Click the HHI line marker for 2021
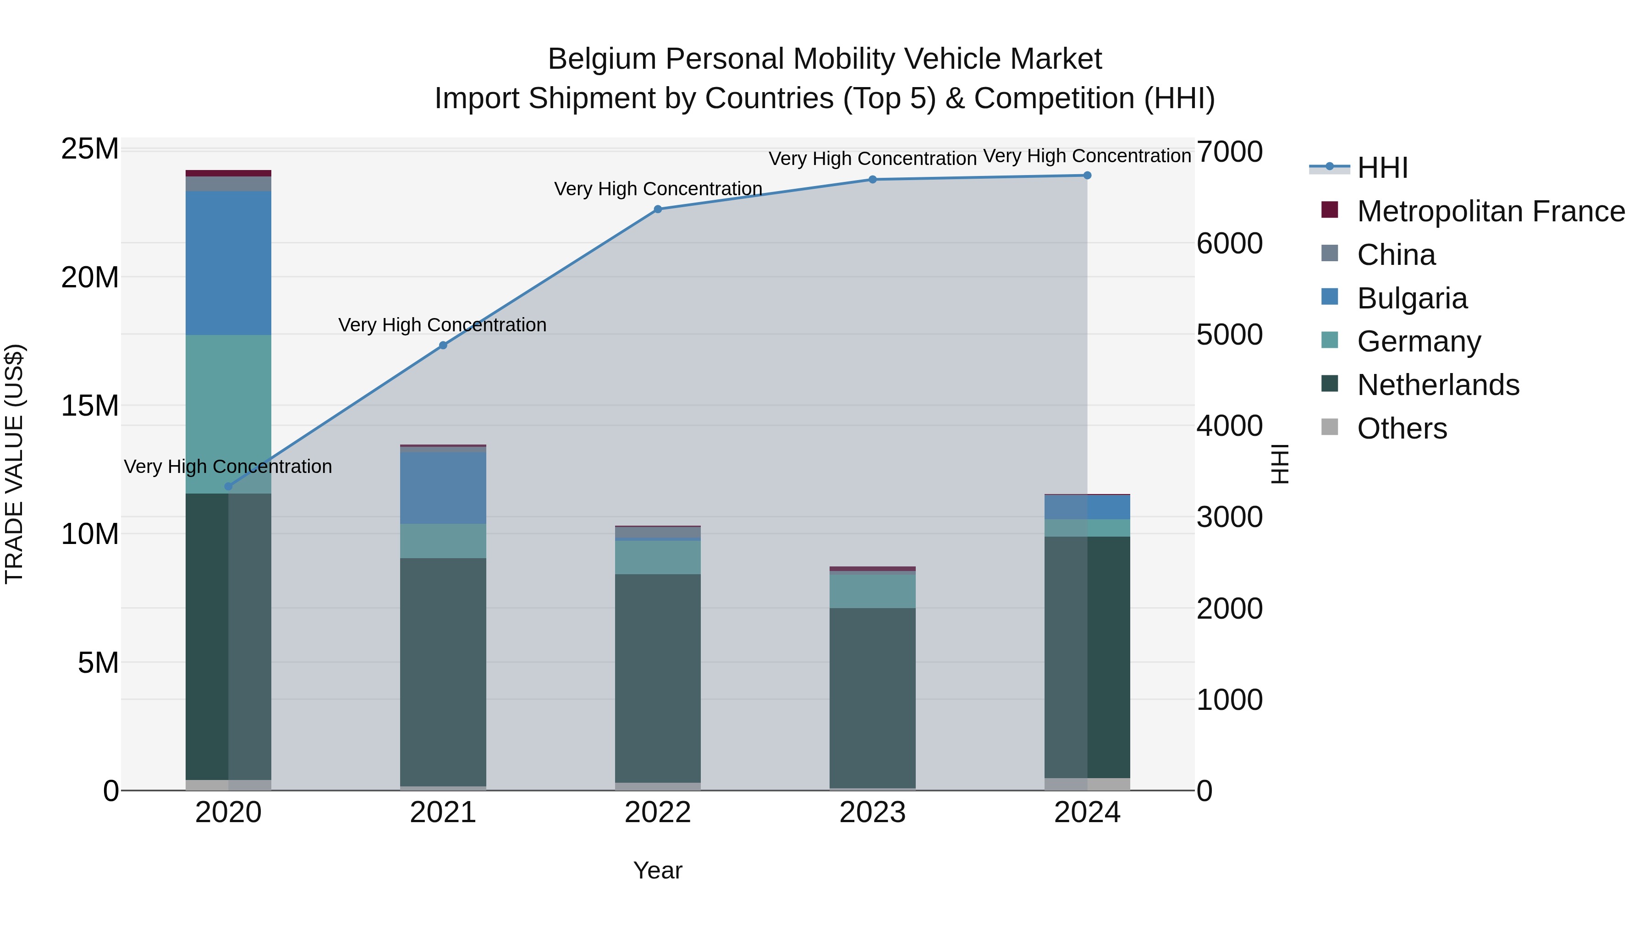443,345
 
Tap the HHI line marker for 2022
657,209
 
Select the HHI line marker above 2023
872,179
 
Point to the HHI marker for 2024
1087,176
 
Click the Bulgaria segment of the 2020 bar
228,263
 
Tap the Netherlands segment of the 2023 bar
872,698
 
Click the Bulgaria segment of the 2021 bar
443,488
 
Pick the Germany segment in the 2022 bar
657,557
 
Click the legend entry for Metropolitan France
1490,211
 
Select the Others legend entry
1402,428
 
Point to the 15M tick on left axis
90,406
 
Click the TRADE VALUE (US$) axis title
14,464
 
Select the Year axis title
657,870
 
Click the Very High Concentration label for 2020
228,466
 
